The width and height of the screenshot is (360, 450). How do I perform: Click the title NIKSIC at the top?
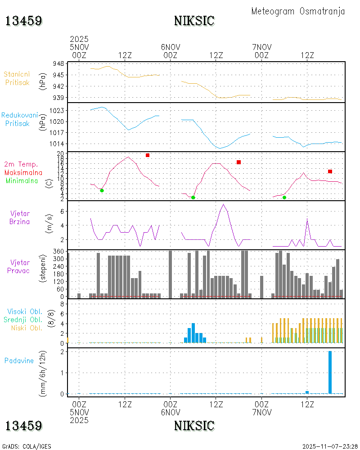click(x=194, y=21)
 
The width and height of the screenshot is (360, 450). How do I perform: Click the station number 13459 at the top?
click(x=23, y=21)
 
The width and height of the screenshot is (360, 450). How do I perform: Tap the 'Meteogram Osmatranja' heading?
click(x=298, y=11)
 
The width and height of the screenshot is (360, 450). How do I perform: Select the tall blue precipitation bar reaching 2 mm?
click(x=330, y=372)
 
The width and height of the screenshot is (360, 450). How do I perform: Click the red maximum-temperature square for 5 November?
click(x=148, y=155)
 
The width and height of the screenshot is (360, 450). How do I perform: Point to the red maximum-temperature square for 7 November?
click(x=330, y=171)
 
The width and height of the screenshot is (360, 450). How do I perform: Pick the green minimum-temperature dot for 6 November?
click(x=193, y=198)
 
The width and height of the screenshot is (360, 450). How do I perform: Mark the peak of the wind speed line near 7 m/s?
click(x=223, y=204)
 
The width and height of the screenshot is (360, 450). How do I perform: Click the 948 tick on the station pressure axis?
click(x=58, y=63)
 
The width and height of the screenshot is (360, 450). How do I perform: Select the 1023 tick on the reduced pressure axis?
click(x=56, y=110)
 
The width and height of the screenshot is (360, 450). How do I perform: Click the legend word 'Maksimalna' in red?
click(x=23, y=172)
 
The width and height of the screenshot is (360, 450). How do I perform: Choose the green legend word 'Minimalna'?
click(x=23, y=180)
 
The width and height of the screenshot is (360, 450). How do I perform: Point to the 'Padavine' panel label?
click(x=19, y=360)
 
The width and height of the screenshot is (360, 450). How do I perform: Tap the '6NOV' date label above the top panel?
click(x=171, y=47)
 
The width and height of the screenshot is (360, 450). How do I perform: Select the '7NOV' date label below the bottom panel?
click(x=261, y=412)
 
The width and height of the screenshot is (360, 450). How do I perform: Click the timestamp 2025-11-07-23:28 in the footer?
click(x=330, y=446)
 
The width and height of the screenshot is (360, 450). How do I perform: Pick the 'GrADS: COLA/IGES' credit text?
click(x=27, y=446)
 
